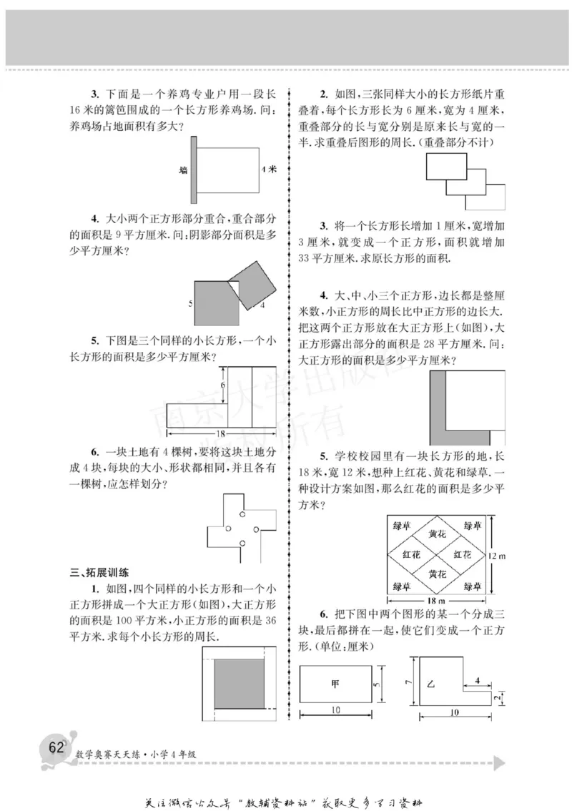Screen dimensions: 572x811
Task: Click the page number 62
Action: [x=55, y=748]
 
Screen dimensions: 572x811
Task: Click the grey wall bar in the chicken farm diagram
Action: [x=193, y=169]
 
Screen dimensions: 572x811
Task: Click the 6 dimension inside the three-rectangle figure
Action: [x=222, y=385]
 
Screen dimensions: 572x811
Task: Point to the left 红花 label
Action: [x=412, y=554]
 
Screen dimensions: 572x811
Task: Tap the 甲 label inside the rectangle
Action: [x=335, y=683]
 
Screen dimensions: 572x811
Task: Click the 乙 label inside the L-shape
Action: [x=431, y=683]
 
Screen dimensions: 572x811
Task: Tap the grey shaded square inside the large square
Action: [x=242, y=685]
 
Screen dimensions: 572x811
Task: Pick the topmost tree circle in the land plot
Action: [x=242, y=513]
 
